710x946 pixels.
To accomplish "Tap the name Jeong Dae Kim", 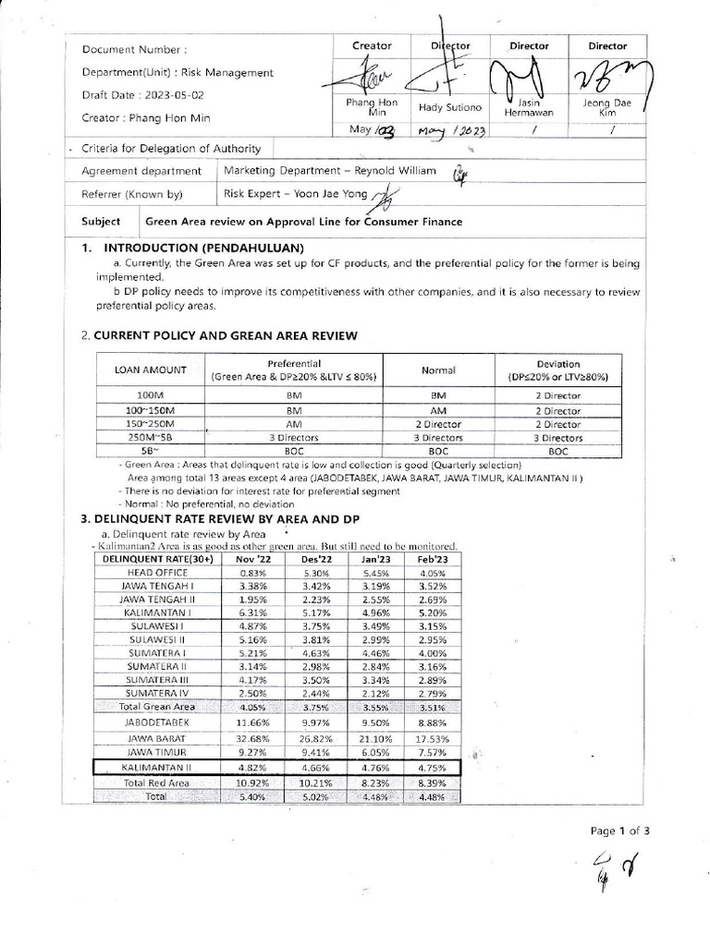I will point(608,108).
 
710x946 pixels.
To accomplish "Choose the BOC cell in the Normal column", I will point(438,451).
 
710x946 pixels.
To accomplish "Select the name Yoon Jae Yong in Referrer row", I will point(328,193).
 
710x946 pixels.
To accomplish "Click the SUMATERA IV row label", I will point(149,693).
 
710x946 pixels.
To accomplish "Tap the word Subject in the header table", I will point(101,221).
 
